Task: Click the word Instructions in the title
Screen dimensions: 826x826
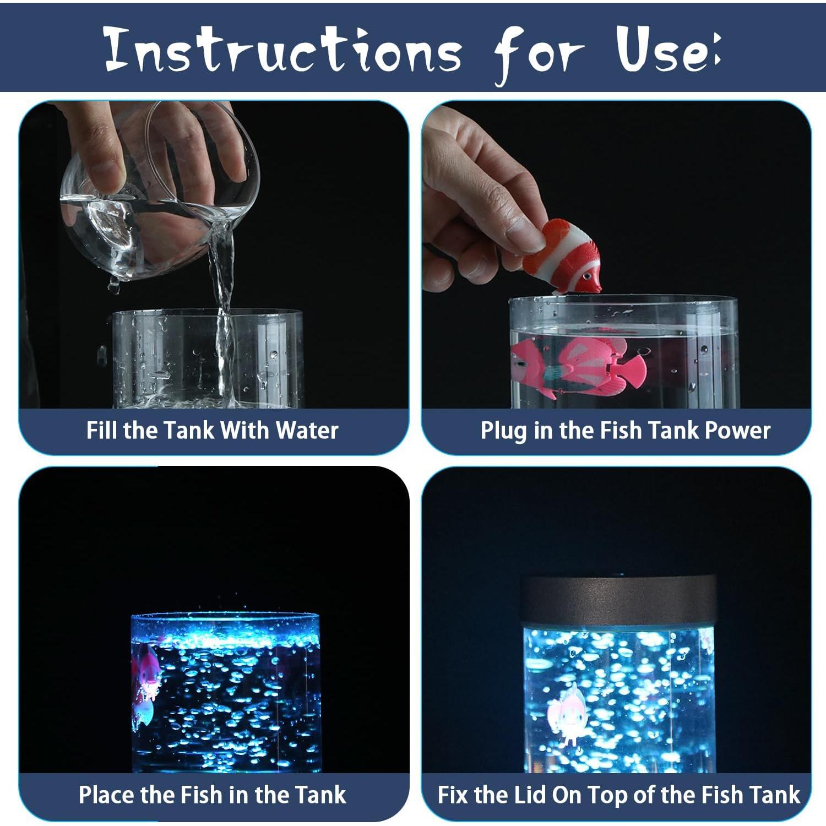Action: (282, 50)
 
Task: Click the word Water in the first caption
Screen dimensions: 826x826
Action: (307, 430)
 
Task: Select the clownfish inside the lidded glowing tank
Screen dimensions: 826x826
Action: (564, 715)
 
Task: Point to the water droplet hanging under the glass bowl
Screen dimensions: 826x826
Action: (114, 286)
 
